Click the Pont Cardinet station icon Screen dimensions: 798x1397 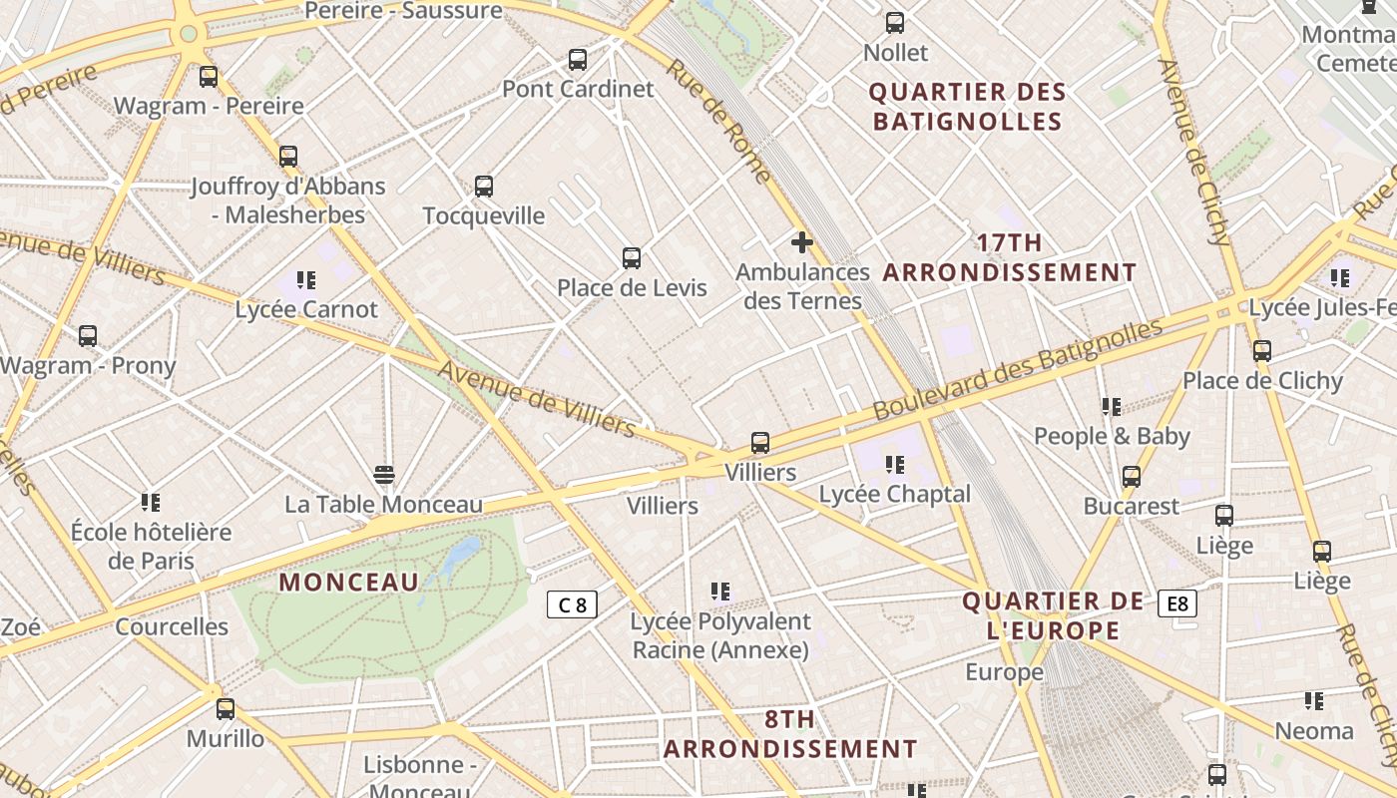[578, 60]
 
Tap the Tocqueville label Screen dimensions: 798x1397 [484, 215]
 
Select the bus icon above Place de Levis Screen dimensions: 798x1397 [632, 258]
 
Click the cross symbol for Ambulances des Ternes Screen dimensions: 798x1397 [802, 241]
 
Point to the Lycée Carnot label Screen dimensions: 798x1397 [306, 309]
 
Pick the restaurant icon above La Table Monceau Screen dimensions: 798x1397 [384, 473]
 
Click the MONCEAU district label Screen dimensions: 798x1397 [348, 583]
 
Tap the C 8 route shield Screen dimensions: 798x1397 [572, 604]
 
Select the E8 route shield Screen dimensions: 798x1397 [1177, 603]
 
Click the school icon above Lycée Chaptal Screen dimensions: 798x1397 [894, 465]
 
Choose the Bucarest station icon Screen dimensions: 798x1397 [1131, 477]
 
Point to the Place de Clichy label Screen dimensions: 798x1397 [1262, 381]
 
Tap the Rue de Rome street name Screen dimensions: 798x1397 [718, 122]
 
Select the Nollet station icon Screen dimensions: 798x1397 [895, 23]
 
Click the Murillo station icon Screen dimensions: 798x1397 [226, 709]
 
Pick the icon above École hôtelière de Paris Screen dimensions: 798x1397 [151, 502]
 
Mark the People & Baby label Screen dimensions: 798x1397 [1112, 436]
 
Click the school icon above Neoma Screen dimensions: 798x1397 [1314, 701]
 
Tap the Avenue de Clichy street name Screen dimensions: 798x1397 [1193, 152]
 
